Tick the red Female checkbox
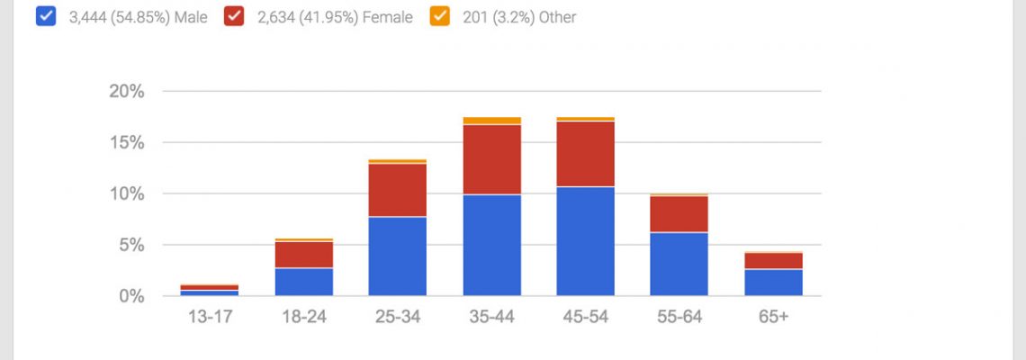coord(235,17)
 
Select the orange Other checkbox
coord(440,17)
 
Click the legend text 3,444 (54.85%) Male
coord(137,17)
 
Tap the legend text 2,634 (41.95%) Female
coord(335,17)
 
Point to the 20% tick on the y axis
coord(126,91)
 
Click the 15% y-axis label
coord(126,142)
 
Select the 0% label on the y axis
coord(131,296)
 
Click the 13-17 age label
coord(209,318)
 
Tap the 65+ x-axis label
coord(773,318)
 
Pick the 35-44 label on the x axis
coord(491,318)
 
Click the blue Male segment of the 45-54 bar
coord(585,241)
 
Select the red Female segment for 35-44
coord(491,159)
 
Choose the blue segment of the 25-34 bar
coord(397,256)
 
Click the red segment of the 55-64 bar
coord(679,214)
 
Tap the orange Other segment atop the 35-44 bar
coord(491,121)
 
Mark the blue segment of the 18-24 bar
coord(303,282)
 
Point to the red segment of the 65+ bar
coord(773,261)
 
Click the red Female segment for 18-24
coord(303,255)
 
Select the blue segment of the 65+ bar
coord(773,283)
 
